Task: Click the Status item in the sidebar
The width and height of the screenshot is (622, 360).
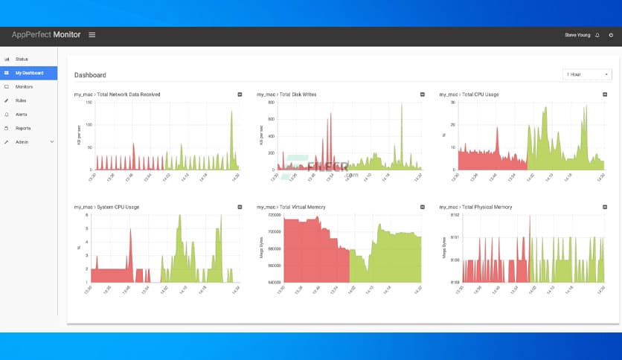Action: pyautogui.click(x=21, y=59)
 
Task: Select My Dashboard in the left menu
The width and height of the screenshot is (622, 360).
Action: pyautogui.click(x=28, y=73)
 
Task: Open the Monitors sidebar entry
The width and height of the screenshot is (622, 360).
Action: pyautogui.click(x=24, y=87)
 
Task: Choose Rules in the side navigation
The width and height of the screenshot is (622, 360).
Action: pyautogui.click(x=21, y=100)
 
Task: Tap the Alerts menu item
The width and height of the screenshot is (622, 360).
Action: pyautogui.click(x=22, y=115)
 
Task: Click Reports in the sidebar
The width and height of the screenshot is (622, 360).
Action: pyautogui.click(x=23, y=128)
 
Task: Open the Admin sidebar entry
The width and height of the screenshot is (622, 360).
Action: pyautogui.click(x=22, y=142)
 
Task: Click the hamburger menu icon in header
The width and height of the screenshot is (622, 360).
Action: pyautogui.click(x=92, y=35)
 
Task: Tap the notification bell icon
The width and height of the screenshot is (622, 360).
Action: pyautogui.click(x=597, y=35)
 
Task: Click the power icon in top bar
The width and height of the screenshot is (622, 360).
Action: pyautogui.click(x=611, y=35)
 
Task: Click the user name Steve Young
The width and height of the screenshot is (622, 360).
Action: pyautogui.click(x=577, y=35)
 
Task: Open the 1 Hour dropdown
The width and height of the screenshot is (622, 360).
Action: pyautogui.click(x=587, y=74)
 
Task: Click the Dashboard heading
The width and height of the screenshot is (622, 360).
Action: pyautogui.click(x=90, y=75)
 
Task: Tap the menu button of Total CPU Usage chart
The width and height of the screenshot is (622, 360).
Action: pyautogui.click(x=604, y=94)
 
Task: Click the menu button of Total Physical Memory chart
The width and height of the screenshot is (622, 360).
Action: pyautogui.click(x=604, y=207)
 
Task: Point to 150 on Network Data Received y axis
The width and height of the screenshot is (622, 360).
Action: pyautogui.click(x=89, y=102)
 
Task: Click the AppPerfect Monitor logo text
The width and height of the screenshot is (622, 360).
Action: pyautogui.click(x=46, y=35)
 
